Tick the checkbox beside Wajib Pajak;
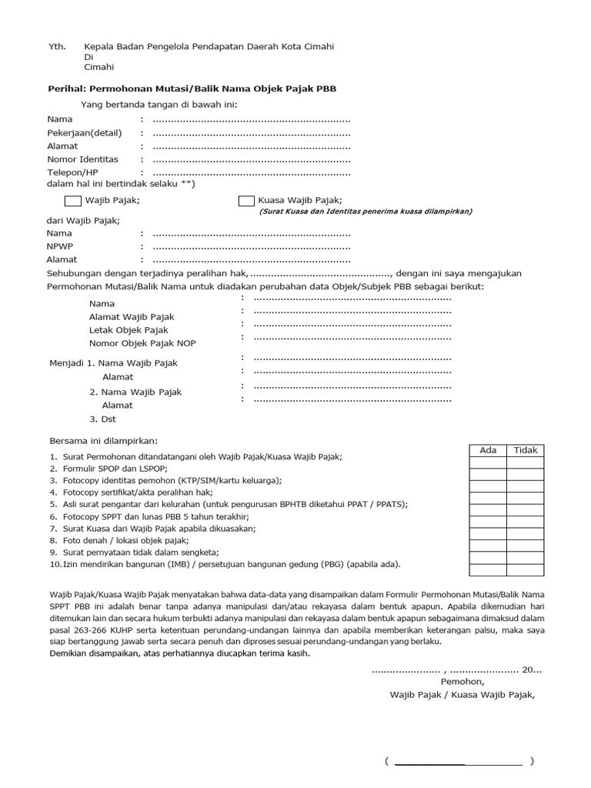tap(72, 201)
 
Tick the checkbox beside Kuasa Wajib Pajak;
tap(246, 201)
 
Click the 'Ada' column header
tap(488, 450)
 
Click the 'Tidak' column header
tap(525, 450)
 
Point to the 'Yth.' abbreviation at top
tap(58, 46)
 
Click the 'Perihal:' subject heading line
tap(192, 89)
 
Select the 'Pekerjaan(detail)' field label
tap(85, 132)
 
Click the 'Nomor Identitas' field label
tap(83, 159)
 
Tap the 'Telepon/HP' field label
tap(73, 172)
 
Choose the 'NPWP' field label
tap(60, 246)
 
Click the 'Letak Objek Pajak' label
tap(129, 330)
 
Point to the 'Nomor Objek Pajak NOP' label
tap(142, 344)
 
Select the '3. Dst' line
tap(104, 419)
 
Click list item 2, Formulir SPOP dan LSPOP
tap(114, 469)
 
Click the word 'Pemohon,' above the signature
tap(462, 681)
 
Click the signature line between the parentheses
tap(458, 763)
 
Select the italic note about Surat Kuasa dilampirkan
tap(366, 211)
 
